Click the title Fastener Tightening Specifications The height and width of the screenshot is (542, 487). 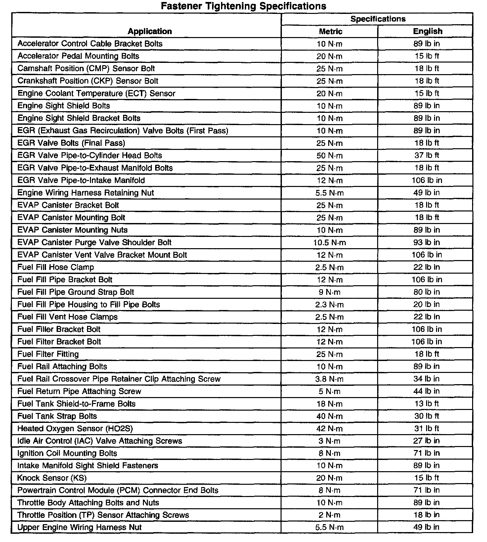pyautogui.click(x=243, y=6)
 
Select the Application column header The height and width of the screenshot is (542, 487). pyautogui.click(x=150, y=31)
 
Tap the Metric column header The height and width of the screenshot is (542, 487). pyautogui.click(x=330, y=31)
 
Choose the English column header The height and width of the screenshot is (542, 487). pyautogui.click(x=427, y=31)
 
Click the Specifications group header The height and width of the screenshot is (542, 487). pyautogui.click(x=378, y=19)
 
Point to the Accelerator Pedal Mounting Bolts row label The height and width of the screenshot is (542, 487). pyautogui.click(x=78, y=56)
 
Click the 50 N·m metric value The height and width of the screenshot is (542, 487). pyautogui.click(x=330, y=156)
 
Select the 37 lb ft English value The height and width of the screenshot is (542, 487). pyautogui.click(x=427, y=156)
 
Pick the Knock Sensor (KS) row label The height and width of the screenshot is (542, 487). pyautogui.click(x=52, y=478)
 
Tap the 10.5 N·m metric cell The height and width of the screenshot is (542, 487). pyautogui.click(x=330, y=243)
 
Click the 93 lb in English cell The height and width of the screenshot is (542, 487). pyautogui.click(x=427, y=243)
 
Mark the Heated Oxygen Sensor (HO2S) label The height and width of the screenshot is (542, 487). pyautogui.click(x=75, y=429)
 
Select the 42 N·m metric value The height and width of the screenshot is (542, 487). pyautogui.click(x=330, y=429)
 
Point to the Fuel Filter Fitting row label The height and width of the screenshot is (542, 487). pyautogui.click(x=48, y=354)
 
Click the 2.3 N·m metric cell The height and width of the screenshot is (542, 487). pyautogui.click(x=330, y=304)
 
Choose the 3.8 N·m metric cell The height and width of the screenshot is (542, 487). pyautogui.click(x=330, y=379)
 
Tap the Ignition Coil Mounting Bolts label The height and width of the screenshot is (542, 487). pyautogui.click(x=67, y=453)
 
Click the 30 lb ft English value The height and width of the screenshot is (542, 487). pyautogui.click(x=427, y=416)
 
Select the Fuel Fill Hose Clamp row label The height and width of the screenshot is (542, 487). pyautogui.click(x=56, y=267)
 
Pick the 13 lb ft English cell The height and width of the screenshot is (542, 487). pyautogui.click(x=427, y=404)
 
